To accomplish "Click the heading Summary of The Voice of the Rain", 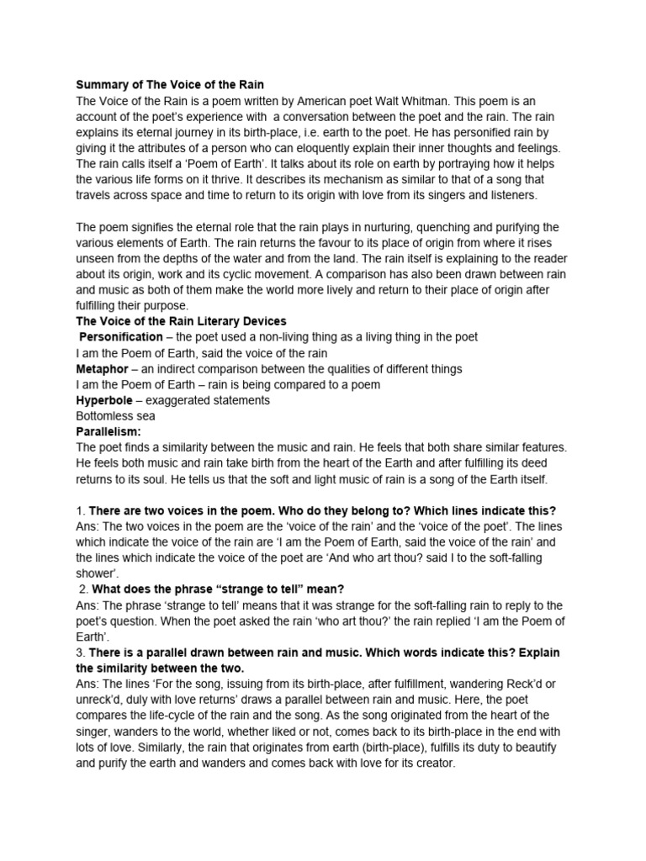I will (170, 85).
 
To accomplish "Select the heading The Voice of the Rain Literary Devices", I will (181, 321).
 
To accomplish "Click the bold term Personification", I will (120, 337).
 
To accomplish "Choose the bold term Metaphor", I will (102, 368).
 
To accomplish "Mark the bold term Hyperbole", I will (104, 400).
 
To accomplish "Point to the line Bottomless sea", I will (115, 416).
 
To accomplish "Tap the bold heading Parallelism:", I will (109, 432).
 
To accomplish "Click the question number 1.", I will (79, 511).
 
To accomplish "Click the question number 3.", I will (80, 653).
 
